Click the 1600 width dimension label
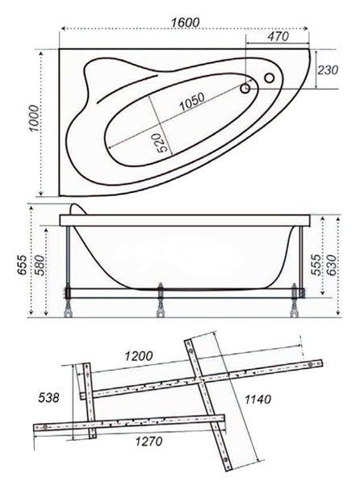click(x=185, y=23)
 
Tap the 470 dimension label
click(x=278, y=36)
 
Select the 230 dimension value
click(x=328, y=70)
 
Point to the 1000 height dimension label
click(x=35, y=119)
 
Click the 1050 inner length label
click(x=192, y=102)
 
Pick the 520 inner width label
click(x=162, y=143)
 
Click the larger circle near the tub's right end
click(x=269, y=77)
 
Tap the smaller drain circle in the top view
click(x=245, y=89)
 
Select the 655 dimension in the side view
click(x=22, y=265)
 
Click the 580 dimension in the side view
click(x=41, y=265)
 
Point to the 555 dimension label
click(x=317, y=265)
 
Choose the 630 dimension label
click(x=332, y=265)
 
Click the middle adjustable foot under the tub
click(x=161, y=300)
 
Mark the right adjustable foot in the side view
click(x=295, y=300)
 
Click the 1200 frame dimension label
click(x=139, y=356)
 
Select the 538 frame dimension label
click(x=48, y=398)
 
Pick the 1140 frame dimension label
click(x=257, y=399)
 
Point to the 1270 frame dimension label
click(x=149, y=442)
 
